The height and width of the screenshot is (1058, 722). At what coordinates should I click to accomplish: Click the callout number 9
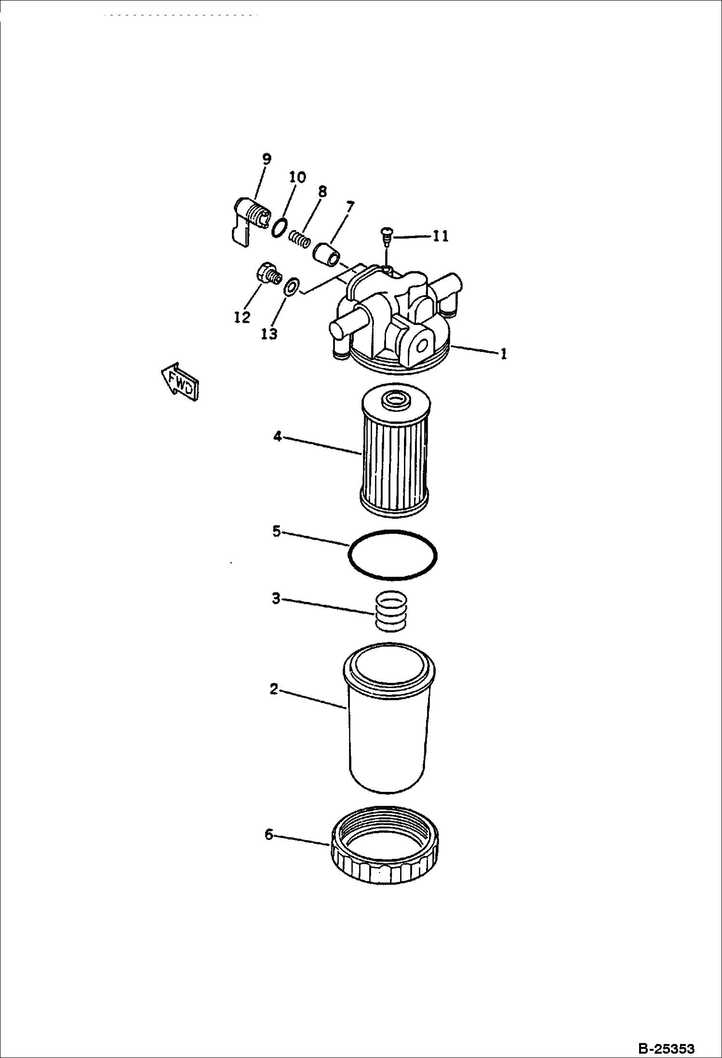click(x=267, y=159)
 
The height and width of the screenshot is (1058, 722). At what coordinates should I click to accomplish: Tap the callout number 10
click(x=297, y=177)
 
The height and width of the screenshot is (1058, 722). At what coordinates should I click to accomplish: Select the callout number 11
click(x=440, y=236)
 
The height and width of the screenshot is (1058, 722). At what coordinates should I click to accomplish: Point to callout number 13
click(x=269, y=334)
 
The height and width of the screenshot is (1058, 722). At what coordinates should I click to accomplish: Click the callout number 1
click(x=503, y=354)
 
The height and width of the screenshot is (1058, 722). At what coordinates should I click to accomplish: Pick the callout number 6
click(x=269, y=834)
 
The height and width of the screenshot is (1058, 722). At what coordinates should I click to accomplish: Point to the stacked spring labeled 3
click(x=390, y=610)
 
